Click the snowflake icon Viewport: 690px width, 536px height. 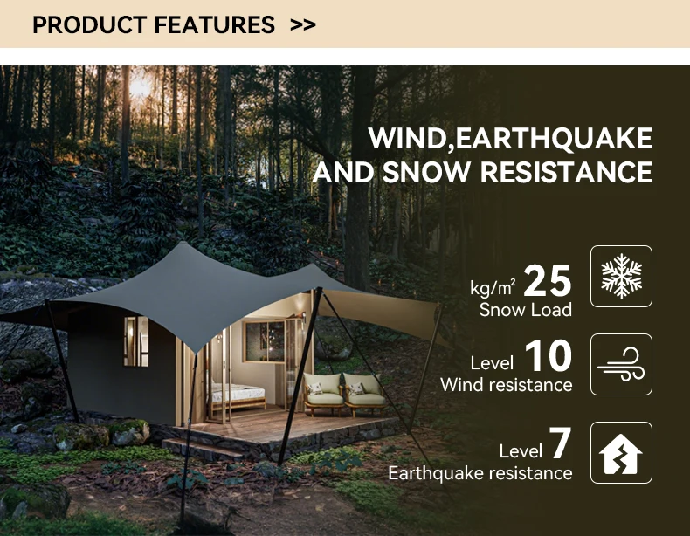[x=621, y=276]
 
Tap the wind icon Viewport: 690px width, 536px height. [x=621, y=364]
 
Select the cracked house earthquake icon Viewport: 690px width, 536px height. [x=621, y=452]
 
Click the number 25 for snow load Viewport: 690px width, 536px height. [x=548, y=281]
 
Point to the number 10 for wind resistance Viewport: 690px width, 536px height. [x=549, y=357]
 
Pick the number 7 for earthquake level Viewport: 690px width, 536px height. [x=560, y=444]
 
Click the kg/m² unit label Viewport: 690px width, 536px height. [x=493, y=286]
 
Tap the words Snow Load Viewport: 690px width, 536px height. [x=526, y=309]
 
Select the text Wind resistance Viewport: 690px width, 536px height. [x=507, y=385]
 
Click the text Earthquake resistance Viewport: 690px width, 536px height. [x=480, y=473]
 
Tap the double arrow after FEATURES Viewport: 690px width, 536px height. [x=302, y=24]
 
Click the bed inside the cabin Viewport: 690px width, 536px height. [x=238, y=394]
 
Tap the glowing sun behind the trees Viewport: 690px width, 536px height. [x=141, y=86]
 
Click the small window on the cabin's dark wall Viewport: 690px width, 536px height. [x=135, y=340]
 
